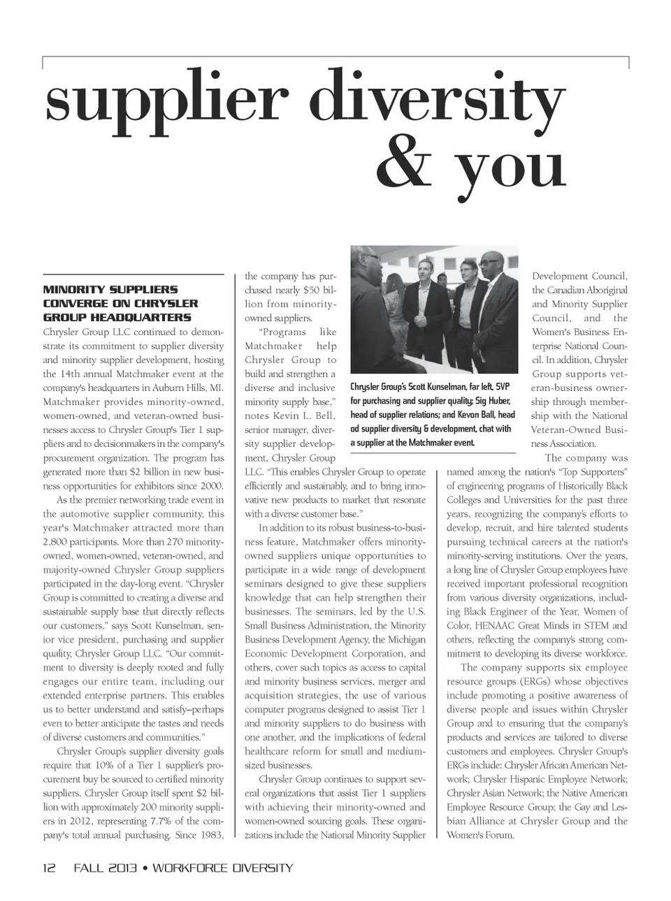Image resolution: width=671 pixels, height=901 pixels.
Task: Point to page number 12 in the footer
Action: pos(49,868)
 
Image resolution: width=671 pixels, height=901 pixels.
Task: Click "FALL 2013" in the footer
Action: pos(104,868)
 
